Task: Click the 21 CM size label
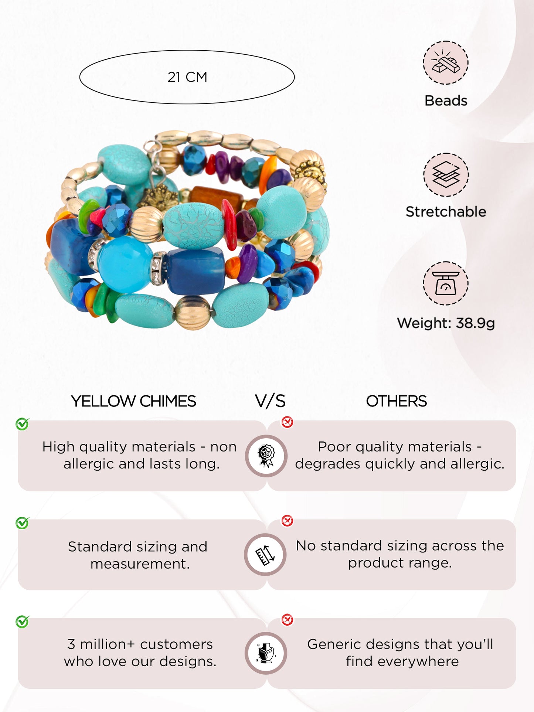pos(187,77)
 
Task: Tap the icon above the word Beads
pos(446,62)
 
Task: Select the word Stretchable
pos(446,211)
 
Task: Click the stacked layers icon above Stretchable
pos(446,175)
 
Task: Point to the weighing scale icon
pos(446,283)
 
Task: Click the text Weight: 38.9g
pos(446,323)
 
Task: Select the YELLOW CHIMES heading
pos(133,401)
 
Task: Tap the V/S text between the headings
pos(270,401)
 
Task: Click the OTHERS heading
pos(397,401)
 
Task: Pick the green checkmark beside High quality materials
pos(23,424)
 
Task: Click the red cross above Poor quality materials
pos(287,422)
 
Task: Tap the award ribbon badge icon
pos(266,456)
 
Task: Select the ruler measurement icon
pos(265,555)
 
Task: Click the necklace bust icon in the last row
pos(266,653)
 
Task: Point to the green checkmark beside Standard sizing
pos(23,523)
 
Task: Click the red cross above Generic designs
pos(287,620)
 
